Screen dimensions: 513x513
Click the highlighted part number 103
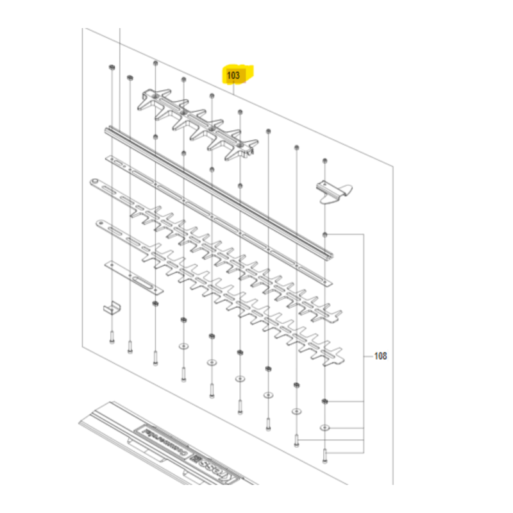pyautogui.click(x=234, y=76)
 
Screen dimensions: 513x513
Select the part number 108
pyautogui.click(x=380, y=355)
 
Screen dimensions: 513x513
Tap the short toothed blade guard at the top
pyautogui.click(x=199, y=122)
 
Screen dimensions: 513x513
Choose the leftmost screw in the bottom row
pyautogui.click(x=112, y=337)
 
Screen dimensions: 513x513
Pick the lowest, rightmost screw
pyautogui.click(x=325, y=455)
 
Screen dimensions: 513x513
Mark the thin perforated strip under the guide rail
pyautogui.click(x=212, y=212)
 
